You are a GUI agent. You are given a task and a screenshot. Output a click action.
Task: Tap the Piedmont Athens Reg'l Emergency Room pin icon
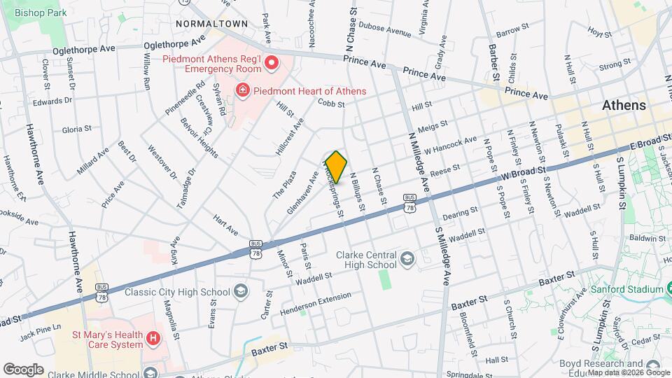(271, 64)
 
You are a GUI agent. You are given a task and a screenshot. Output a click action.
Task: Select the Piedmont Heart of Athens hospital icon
(242, 90)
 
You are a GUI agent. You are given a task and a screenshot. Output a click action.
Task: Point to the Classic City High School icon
(240, 291)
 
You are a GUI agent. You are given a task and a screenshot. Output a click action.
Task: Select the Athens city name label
(624, 106)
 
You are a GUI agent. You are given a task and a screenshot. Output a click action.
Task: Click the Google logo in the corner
(23, 369)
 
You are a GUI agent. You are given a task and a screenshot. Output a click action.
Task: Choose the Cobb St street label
(331, 104)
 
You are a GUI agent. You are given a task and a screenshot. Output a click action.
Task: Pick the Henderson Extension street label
(316, 304)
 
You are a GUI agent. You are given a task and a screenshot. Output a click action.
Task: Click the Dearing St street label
(460, 210)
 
